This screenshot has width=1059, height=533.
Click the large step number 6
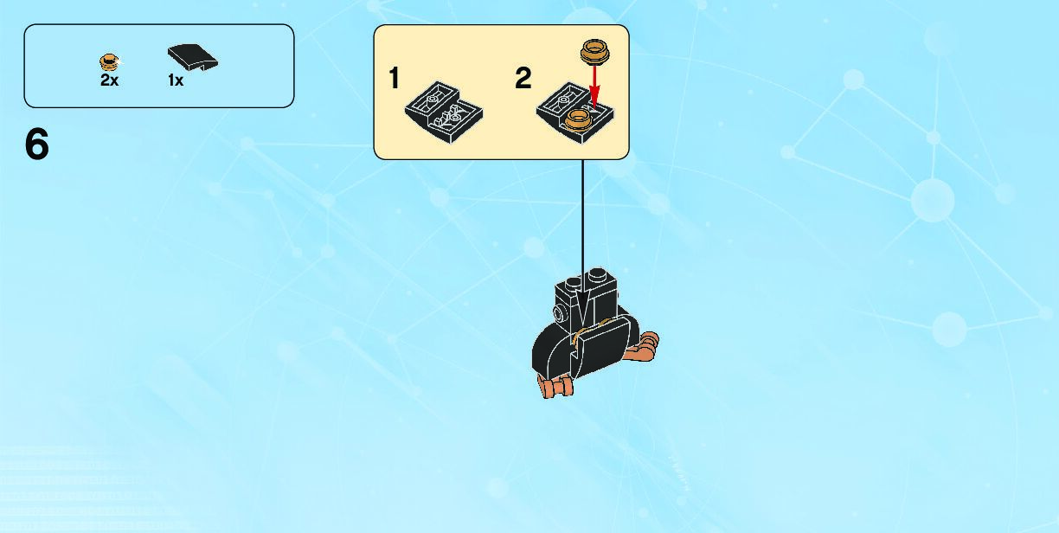point(37,145)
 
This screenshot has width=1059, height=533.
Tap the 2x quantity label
point(109,80)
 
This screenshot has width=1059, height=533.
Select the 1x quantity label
point(176,80)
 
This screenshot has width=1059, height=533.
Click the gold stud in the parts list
point(108,61)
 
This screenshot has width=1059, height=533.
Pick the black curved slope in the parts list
point(192,58)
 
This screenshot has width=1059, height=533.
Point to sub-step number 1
point(395,79)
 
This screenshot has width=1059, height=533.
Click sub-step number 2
point(523,79)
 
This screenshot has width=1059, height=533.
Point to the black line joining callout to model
point(582,216)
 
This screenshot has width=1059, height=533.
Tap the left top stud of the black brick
point(571,285)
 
